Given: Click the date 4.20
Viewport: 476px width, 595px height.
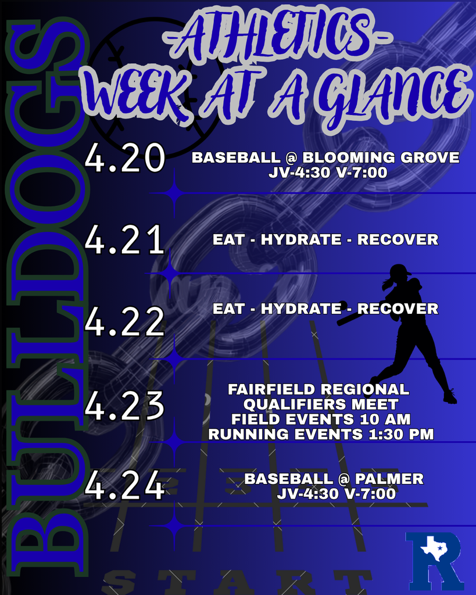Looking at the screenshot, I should pyautogui.click(x=124, y=159).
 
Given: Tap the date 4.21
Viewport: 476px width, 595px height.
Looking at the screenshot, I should pyautogui.click(x=124, y=241).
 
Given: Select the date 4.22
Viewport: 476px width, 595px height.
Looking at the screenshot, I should pyautogui.click(x=124, y=322).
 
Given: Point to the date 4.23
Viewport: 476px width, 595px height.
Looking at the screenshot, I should pyautogui.click(x=124, y=405).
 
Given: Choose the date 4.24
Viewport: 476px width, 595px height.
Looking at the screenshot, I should pyautogui.click(x=124, y=487).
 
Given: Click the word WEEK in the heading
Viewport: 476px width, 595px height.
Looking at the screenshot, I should pyautogui.click(x=138, y=96).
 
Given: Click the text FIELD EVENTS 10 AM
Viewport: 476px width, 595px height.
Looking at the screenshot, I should pyautogui.click(x=321, y=419).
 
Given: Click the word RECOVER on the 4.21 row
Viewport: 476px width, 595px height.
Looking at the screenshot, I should pyautogui.click(x=398, y=239).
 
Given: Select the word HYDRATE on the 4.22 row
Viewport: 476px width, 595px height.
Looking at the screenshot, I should pyautogui.click(x=301, y=309).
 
